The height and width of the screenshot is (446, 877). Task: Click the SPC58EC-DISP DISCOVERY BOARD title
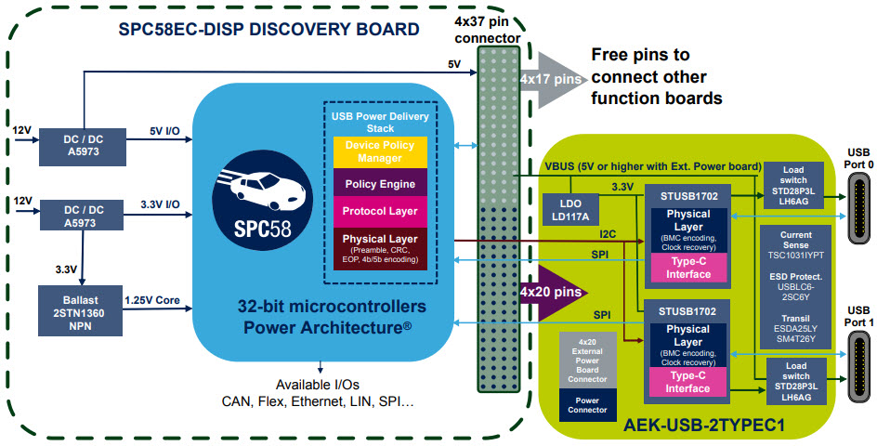click(x=268, y=30)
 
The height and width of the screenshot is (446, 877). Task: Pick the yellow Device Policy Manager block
click(x=380, y=152)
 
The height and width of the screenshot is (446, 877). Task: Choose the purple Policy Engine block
click(x=380, y=184)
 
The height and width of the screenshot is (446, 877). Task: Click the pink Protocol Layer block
click(x=380, y=212)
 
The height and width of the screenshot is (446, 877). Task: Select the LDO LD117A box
click(x=569, y=209)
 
